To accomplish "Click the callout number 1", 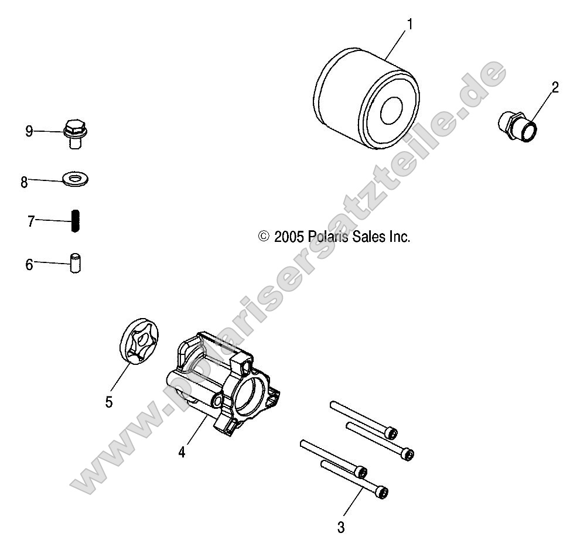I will click(409, 24).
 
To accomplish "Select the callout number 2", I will click(555, 87).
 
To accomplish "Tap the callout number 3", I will click(341, 527).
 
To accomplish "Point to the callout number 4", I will click(182, 452).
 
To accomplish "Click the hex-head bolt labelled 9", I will click(74, 132).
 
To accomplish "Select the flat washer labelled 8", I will click(75, 177).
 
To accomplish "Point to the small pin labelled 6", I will click(75, 262).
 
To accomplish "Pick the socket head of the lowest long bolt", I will click(381, 493).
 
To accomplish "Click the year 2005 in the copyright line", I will click(288, 237).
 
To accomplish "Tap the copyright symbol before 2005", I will click(264, 237).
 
